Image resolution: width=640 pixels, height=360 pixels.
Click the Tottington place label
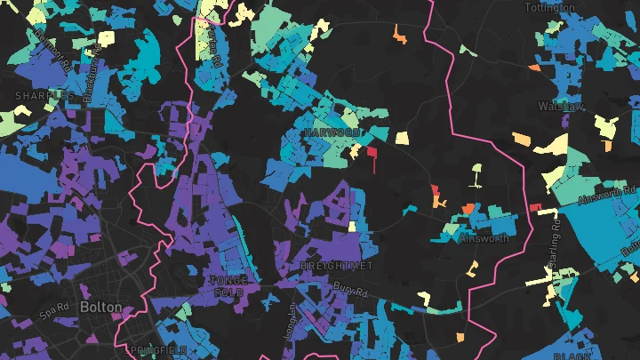575,7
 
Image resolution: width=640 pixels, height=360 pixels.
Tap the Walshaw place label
560,106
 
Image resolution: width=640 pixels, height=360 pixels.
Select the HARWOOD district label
331,132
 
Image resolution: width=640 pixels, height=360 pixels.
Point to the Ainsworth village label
484,238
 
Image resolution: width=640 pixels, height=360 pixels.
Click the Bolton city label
100,306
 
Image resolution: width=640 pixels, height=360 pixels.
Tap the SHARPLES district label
44,94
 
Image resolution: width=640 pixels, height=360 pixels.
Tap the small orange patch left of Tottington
399,35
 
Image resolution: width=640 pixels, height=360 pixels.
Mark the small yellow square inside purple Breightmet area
353,226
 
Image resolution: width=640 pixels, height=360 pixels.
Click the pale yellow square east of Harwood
402,138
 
